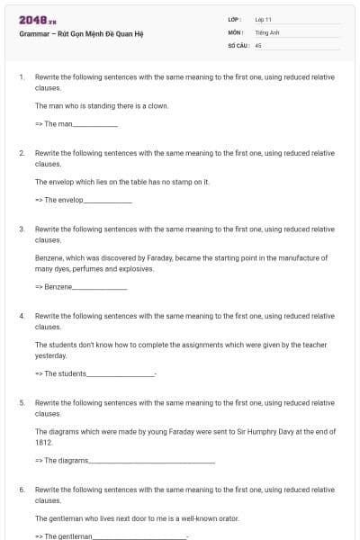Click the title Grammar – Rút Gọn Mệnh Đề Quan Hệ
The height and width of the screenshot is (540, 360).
point(81,34)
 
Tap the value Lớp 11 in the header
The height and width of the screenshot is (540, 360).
point(264,19)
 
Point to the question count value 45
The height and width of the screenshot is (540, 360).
point(258,44)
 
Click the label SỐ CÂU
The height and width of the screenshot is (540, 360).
point(237,44)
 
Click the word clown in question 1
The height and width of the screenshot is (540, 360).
point(158,105)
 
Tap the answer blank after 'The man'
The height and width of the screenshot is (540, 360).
point(95,124)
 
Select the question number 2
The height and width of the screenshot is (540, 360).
point(21,154)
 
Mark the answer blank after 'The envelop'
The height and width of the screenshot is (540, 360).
point(108,201)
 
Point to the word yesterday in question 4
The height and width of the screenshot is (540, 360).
point(50,355)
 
